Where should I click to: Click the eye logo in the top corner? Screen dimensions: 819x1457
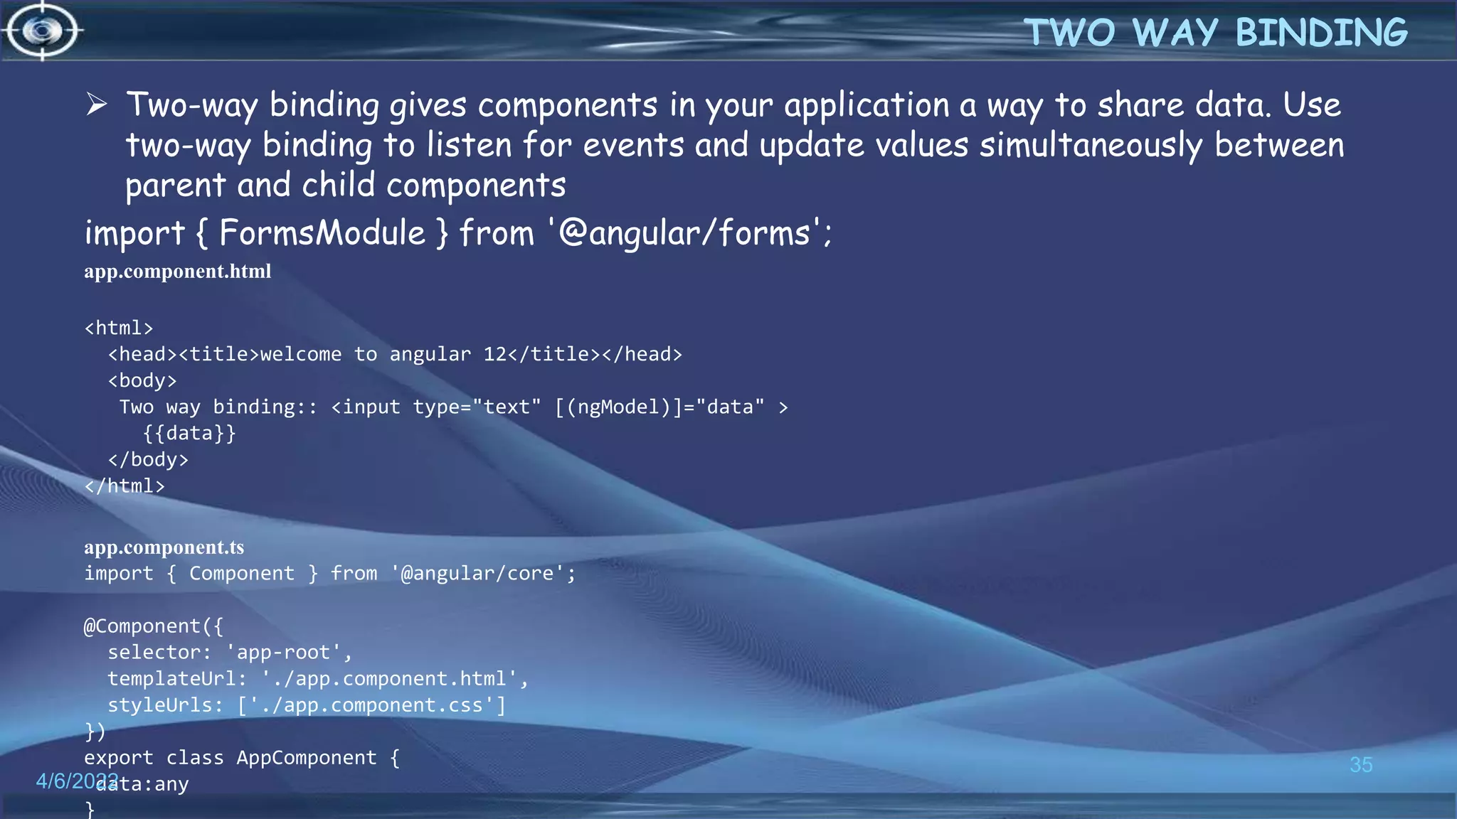(x=43, y=31)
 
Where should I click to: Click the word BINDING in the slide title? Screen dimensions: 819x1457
(x=1321, y=33)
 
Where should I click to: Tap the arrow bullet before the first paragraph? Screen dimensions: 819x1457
(x=97, y=105)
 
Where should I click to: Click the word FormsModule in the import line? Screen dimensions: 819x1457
(x=322, y=233)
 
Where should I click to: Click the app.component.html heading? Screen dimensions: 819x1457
(x=177, y=272)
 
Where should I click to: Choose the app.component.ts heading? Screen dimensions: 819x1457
(x=164, y=547)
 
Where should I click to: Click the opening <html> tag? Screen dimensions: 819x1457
(x=119, y=328)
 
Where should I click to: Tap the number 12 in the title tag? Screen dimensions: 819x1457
(x=495, y=354)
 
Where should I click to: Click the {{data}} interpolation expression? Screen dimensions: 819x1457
(x=189, y=433)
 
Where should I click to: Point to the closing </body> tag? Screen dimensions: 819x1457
(x=148, y=459)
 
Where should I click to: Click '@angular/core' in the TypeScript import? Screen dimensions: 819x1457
(x=477, y=573)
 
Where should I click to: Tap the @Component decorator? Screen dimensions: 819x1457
(x=142, y=626)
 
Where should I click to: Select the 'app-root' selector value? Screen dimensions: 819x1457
(x=284, y=652)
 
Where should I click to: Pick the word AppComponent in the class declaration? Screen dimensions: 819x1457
(x=307, y=757)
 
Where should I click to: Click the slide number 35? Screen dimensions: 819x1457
(x=1361, y=765)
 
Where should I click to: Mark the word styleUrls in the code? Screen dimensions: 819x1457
(x=160, y=705)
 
